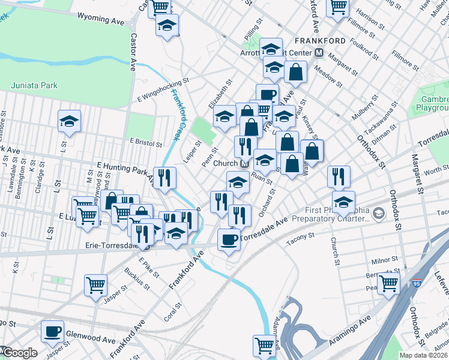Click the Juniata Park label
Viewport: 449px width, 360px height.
(34, 86)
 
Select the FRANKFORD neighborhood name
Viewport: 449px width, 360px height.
(320, 41)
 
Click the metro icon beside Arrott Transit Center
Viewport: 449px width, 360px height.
(319, 53)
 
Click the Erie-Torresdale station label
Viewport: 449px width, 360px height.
(110, 245)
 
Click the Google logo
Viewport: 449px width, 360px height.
(19, 353)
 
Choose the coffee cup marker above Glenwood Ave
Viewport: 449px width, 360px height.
(52, 331)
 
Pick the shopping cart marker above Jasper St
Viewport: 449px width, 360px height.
(96, 285)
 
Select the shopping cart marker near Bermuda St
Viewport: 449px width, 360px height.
(388, 282)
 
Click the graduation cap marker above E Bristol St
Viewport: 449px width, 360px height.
(69, 121)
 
